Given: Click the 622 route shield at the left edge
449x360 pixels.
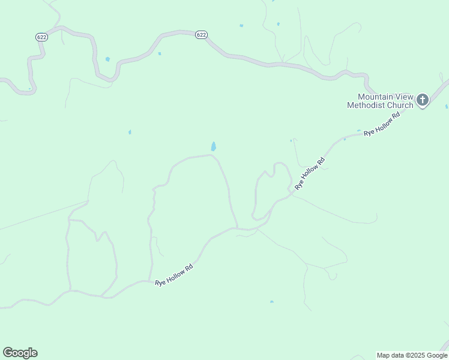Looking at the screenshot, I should (41, 37).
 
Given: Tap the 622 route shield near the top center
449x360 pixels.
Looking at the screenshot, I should (201, 35).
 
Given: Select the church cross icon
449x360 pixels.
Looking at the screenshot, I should (423, 100).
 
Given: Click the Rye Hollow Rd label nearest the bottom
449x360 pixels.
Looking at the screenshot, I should (173, 275).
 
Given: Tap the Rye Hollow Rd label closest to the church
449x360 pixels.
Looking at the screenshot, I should (382, 124).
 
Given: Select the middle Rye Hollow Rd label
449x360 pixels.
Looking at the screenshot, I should (310, 173).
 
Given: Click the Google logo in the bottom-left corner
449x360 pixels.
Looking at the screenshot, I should (20, 353).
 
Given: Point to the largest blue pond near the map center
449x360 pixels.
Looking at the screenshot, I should (214, 146).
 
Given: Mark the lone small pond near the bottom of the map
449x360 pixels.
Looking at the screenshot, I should (272, 302).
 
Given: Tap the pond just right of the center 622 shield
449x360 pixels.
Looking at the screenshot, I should (241, 26).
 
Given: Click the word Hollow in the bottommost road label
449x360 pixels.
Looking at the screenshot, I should (175, 274).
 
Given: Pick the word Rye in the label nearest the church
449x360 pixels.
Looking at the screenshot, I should (369, 131).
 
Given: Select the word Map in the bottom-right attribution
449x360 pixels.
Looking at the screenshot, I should (383, 355).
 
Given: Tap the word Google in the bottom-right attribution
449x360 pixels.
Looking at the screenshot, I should (436, 355).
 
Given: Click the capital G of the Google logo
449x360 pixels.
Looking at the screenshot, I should (8, 353).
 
